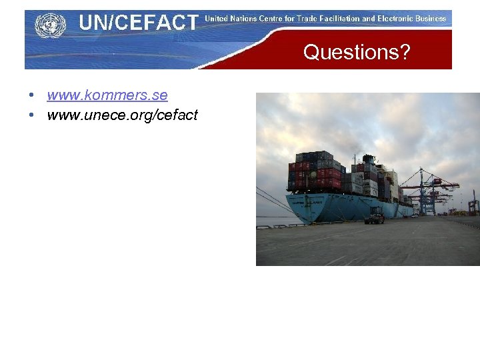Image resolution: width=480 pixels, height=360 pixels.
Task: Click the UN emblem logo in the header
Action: pos(51,25)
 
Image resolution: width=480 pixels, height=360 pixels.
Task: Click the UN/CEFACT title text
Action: pos(138,23)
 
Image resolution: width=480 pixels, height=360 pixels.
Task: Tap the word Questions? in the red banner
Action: pos(357,52)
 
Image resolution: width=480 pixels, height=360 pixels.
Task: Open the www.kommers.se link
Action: pos(107,95)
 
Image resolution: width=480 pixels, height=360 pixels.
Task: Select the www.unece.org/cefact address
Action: pos(122,115)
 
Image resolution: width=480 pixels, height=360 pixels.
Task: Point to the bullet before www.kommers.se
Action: pos(32,95)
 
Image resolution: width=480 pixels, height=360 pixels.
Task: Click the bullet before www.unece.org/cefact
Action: pos(32,115)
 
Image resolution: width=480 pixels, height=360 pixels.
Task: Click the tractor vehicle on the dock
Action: pos(375,217)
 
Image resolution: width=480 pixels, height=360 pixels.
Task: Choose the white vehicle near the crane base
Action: pos(415,215)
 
